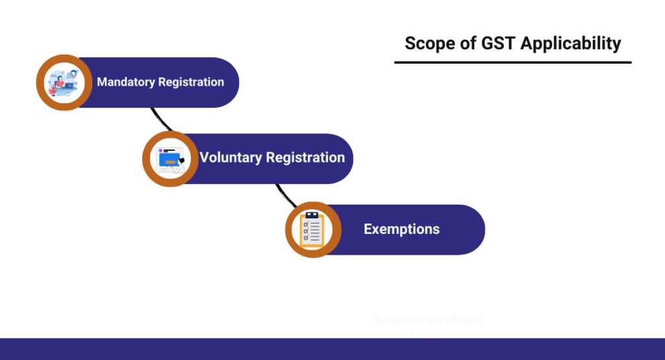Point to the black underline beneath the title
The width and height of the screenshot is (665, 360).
click(x=512, y=62)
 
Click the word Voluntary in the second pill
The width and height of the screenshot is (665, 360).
click(x=231, y=158)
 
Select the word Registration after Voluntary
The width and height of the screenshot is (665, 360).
click(x=305, y=158)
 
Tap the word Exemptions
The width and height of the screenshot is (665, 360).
click(x=401, y=229)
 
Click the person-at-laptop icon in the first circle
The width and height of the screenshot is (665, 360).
click(x=64, y=83)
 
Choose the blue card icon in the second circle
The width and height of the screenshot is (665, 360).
click(x=169, y=159)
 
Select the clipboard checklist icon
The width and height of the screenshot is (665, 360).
click(x=313, y=230)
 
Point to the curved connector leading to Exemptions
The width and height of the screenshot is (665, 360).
click(x=282, y=194)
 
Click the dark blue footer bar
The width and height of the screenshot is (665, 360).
click(x=332, y=349)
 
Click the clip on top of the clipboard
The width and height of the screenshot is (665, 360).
click(x=313, y=215)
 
